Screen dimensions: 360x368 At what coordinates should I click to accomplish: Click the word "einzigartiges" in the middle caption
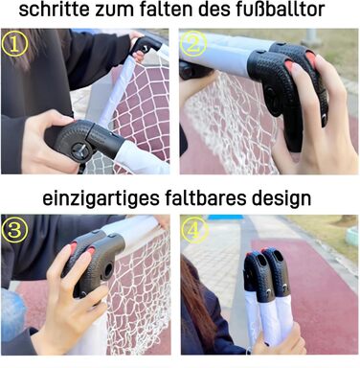pos(101,198)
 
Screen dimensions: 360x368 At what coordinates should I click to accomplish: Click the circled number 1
pos(14,44)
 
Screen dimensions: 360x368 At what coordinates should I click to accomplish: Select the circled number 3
pos(14,230)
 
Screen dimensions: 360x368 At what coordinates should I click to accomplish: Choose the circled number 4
pos(194,230)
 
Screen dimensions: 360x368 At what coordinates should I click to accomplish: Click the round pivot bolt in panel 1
pos(79,149)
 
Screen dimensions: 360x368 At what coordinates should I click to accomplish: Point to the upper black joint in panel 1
pos(146,45)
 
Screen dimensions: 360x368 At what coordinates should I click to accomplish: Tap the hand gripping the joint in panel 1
pos(48,142)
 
